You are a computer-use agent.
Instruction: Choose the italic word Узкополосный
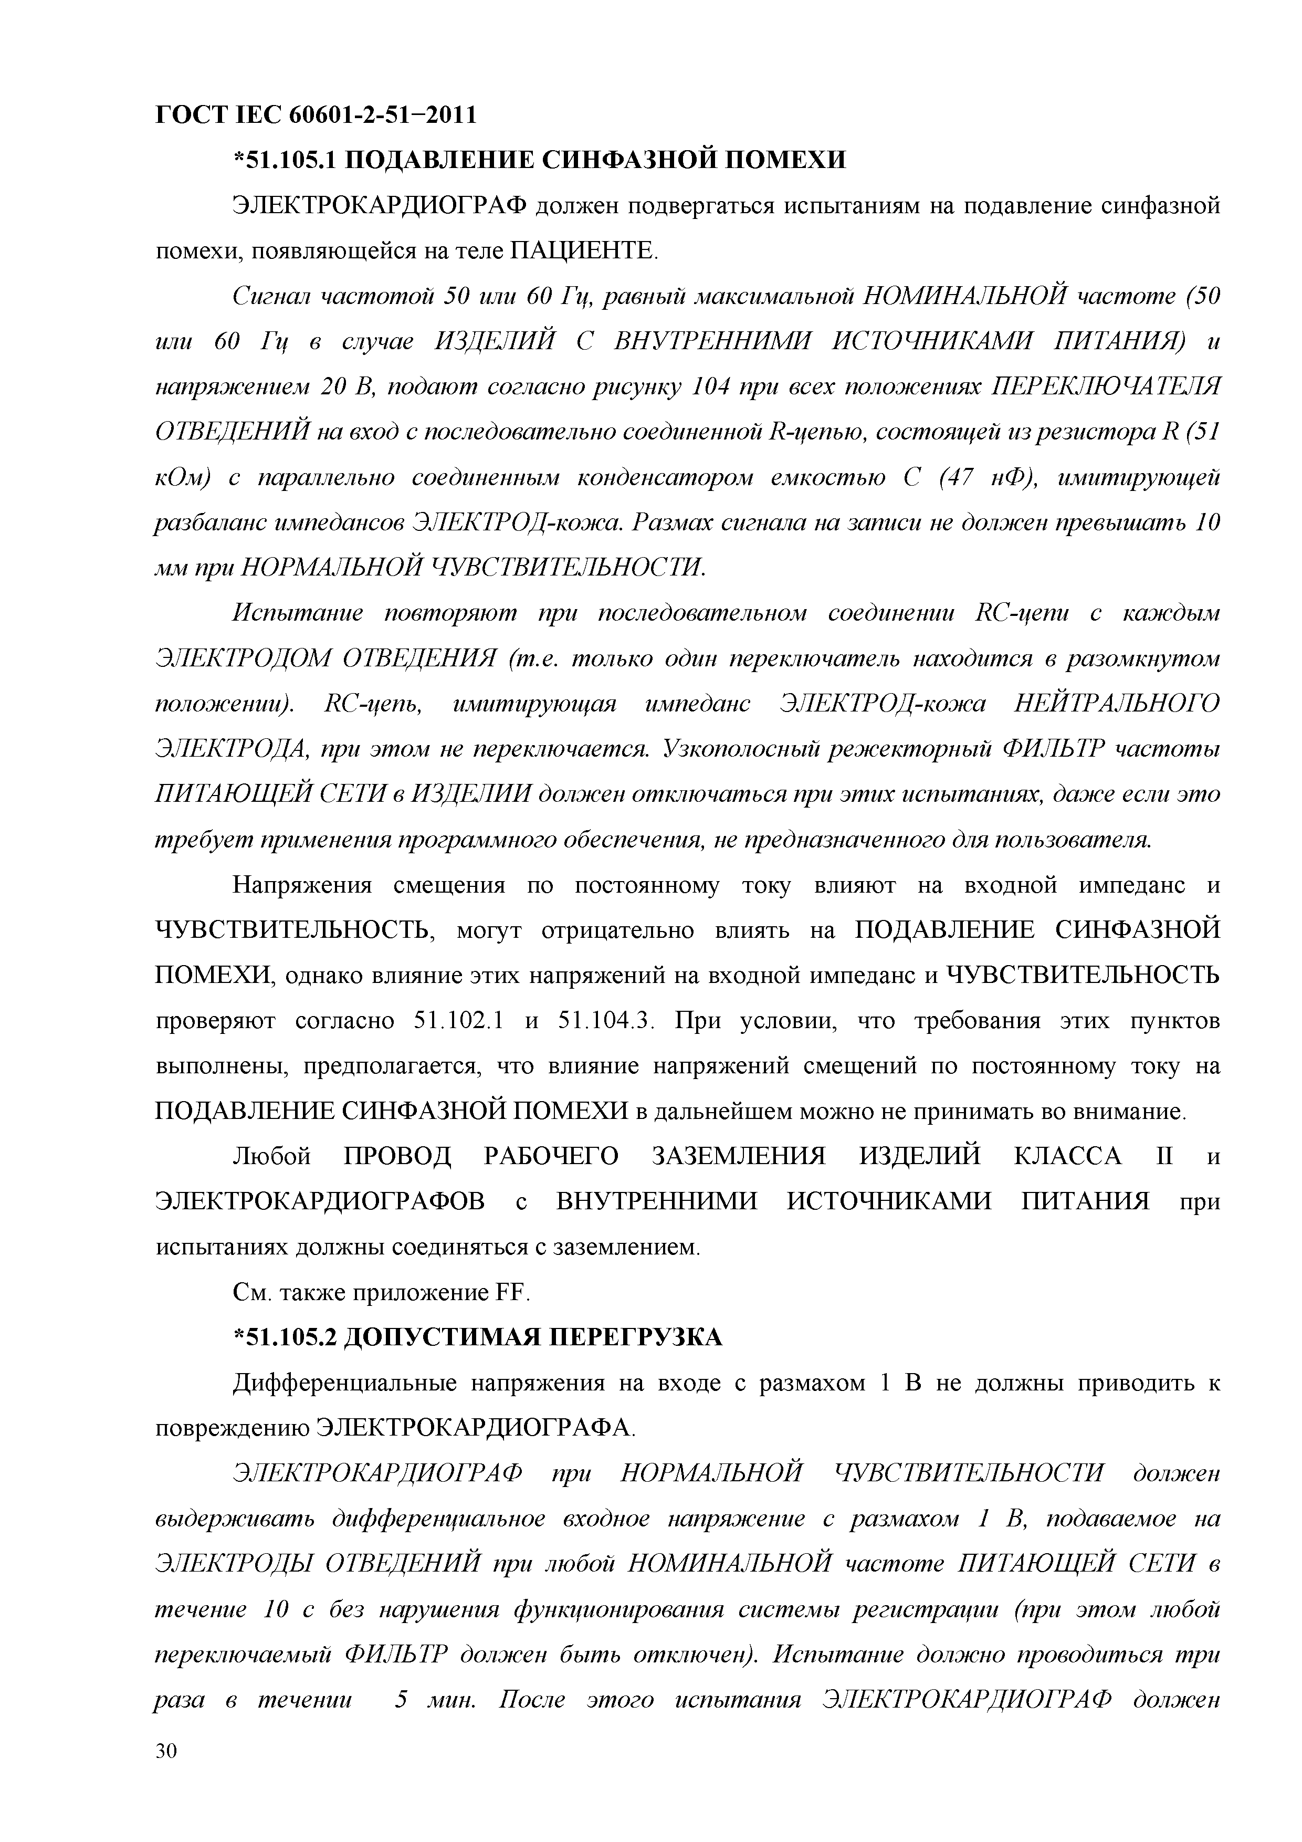pyautogui.click(x=742, y=749)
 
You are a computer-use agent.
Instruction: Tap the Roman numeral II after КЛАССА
pyautogui.click(x=1162, y=1156)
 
